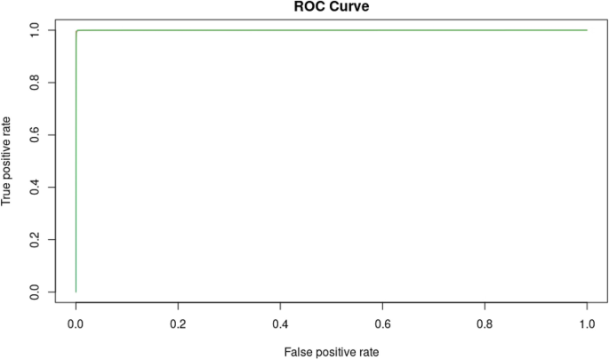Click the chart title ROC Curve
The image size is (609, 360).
[332, 6]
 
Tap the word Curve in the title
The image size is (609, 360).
[349, 6]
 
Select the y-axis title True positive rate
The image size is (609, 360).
[7, 161]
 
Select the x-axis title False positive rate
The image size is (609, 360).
[332, 352]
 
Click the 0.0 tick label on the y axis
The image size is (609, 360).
[35, 292]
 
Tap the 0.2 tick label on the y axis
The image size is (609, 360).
[35, 239]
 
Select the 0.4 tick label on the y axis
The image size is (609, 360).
[35, 187]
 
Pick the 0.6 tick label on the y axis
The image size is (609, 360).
[35, 134]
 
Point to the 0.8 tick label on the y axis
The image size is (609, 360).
[35, 82]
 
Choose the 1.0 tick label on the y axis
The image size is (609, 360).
[35, 29]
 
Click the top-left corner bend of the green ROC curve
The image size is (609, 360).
[77, 31]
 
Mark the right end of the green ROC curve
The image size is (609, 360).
[587, 30]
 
